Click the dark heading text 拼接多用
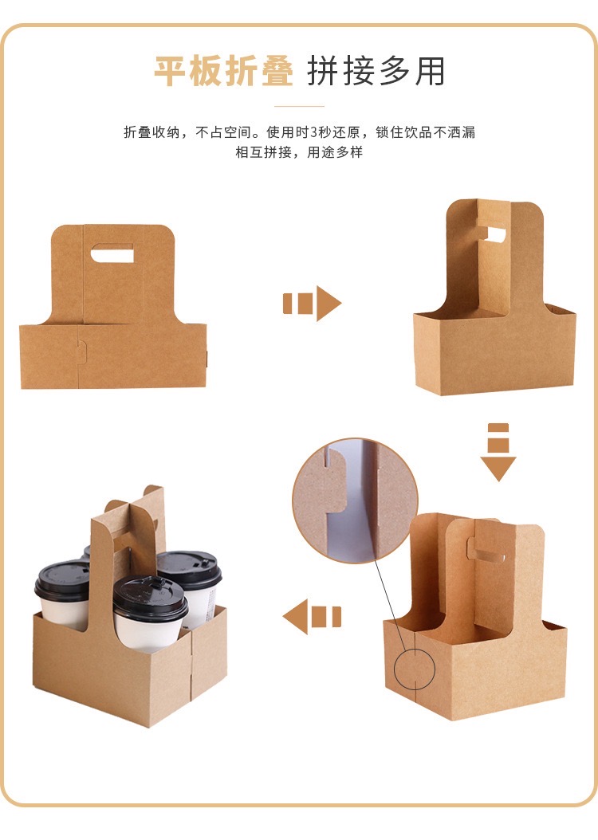pos(376,72)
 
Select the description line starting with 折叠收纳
pos(299,132)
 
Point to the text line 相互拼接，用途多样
pos(299,152)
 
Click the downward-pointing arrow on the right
pos(498,452)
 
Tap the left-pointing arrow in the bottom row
pos(312,617)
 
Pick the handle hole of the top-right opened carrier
pos(496,236)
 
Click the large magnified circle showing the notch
pos(355,500)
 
